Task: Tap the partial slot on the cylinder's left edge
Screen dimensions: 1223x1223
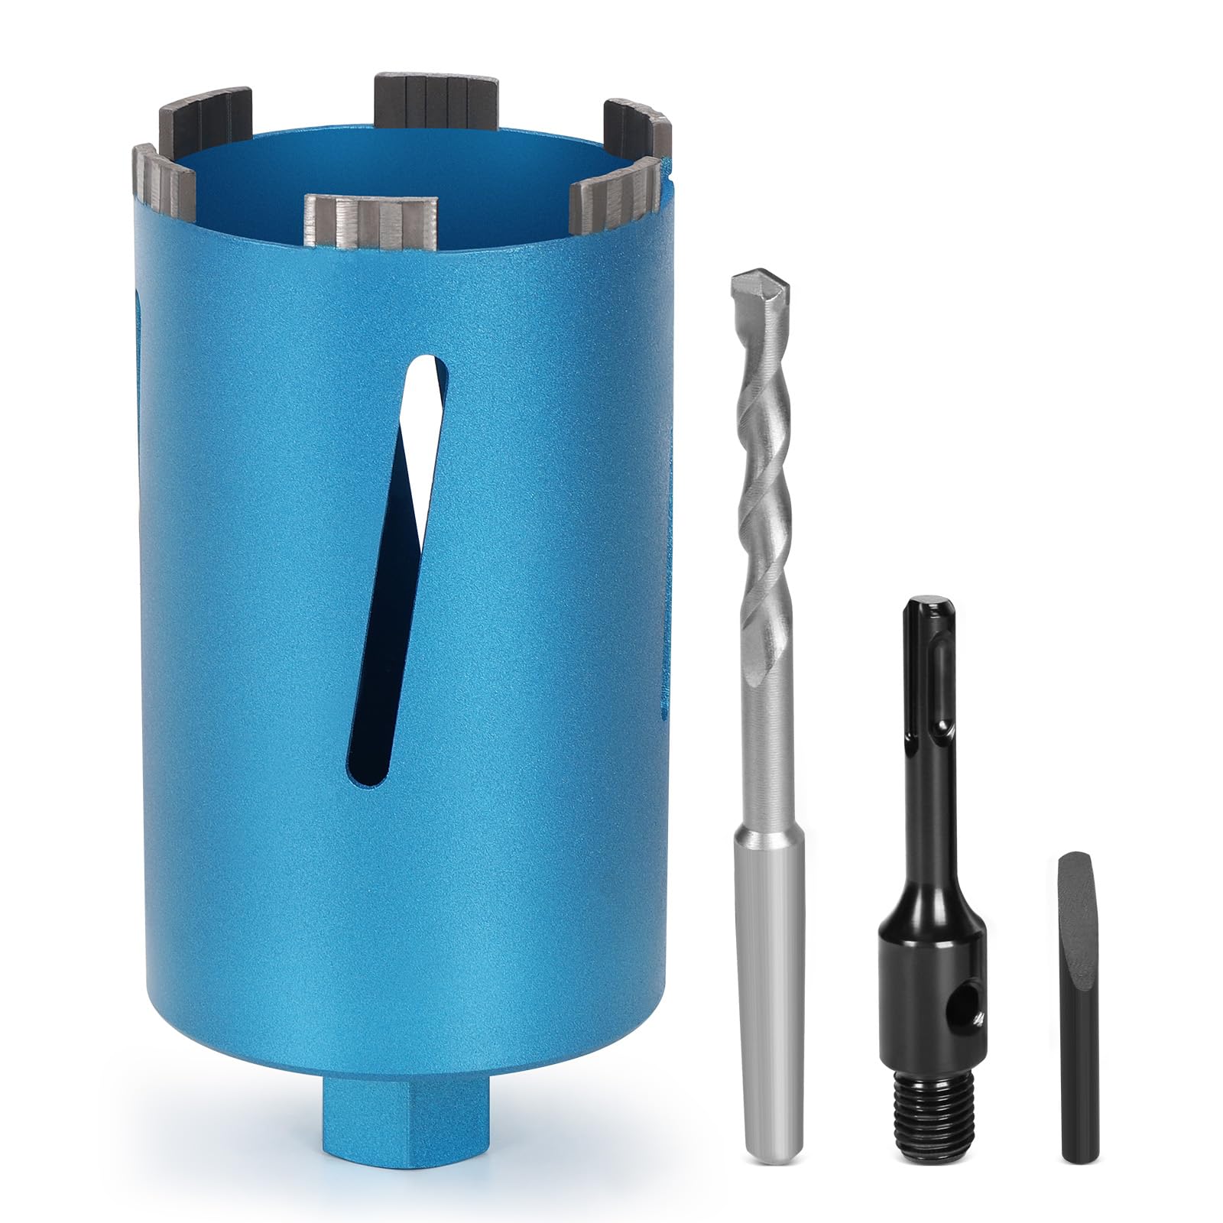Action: pos(138,352)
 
